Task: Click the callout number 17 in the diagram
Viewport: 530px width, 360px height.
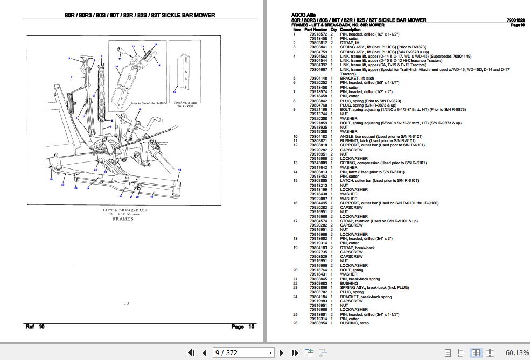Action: click(x=139, y=109)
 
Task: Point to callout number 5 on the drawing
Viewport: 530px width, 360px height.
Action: click(x=69, y=58)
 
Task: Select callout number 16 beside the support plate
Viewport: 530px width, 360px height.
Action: click(x=174, y=92)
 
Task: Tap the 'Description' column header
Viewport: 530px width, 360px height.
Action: click(x=350, y=29)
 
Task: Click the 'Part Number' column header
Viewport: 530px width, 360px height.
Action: click(x=316, y=29)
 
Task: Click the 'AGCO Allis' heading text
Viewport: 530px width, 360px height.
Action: click(x=303, y=16)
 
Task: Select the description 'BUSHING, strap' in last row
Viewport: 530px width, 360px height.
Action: click(x=354, y=323)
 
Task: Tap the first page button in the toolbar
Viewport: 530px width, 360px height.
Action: click(x=191, y=353)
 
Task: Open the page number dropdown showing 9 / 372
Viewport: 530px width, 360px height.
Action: click(x=243, y=353)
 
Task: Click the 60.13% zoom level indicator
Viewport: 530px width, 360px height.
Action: click(x=517, y=353)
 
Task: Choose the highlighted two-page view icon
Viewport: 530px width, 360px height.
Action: click(x=476, y=353)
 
